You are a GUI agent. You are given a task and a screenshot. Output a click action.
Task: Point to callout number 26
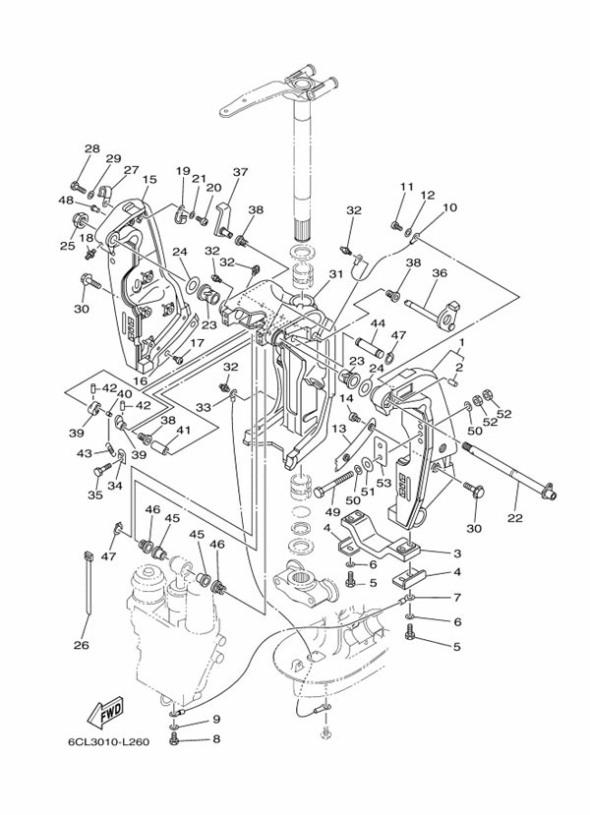(x=81, y=646)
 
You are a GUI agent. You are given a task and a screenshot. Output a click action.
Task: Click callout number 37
(x=240, y=172)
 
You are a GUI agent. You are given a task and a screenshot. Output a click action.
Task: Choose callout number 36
(x=439, y=273)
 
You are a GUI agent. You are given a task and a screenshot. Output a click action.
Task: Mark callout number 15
(x=149, y=180)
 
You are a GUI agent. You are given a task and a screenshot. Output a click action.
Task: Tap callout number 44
(x=377, y=323)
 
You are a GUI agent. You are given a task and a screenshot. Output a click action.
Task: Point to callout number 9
(x=216, y=720)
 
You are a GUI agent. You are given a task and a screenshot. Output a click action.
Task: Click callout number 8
(x=216, y=738)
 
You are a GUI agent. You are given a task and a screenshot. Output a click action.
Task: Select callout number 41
(x=182, y=431)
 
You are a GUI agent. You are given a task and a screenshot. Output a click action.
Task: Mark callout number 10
(x=450, y=207)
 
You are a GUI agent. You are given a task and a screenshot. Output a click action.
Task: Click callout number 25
(x=67, y=245)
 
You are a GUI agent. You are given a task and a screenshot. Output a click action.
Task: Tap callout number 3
(x=456, y=553)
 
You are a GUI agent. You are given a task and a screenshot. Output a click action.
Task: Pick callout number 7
(x=456, y=597)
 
